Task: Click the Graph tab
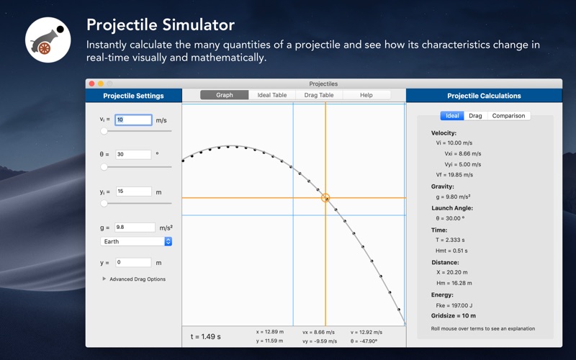tap(225, 95)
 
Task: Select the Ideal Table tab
tap(272, 95)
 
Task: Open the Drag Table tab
tap(319, 95)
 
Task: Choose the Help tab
tap(366, 95)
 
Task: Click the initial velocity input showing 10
tap(133, 120)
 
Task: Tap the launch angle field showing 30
tap(133, 154)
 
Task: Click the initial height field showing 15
tap(134, 192)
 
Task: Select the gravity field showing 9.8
tap(135, 228)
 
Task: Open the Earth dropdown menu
tap(136, 241)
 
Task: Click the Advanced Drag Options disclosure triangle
tap(104, 279)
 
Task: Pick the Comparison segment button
tap(508, 116)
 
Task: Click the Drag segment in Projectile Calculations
tap(475, 116)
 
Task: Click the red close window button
tap(92, 84)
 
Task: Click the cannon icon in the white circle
tap(48, 40)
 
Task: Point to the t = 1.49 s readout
tap(206, 336)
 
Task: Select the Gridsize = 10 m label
tap(454, 315)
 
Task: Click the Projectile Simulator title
tap(161, 25)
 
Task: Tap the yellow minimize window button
tap(101, 84)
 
